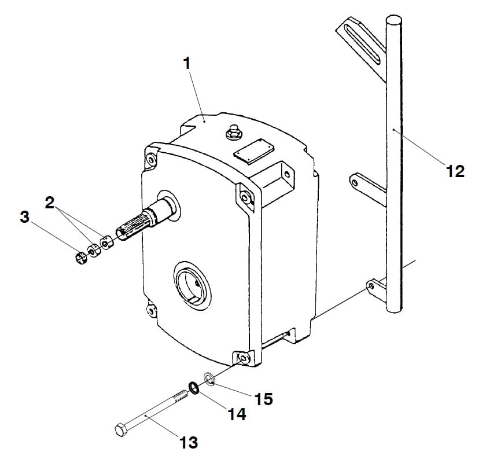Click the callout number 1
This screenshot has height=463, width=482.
click(187, 64)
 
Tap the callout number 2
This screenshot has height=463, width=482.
click(50, 203)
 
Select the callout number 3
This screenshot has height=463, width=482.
click(24, 217)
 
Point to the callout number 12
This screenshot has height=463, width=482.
click(455, 171)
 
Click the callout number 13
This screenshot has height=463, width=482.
click(189, 443)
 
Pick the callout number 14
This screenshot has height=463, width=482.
click(237, 414)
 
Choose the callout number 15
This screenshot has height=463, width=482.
click(263, 399)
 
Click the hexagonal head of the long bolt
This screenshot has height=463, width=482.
click(122, 429)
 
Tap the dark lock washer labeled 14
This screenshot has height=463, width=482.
click(194, 388)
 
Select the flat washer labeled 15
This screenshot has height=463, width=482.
click(209, 378)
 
